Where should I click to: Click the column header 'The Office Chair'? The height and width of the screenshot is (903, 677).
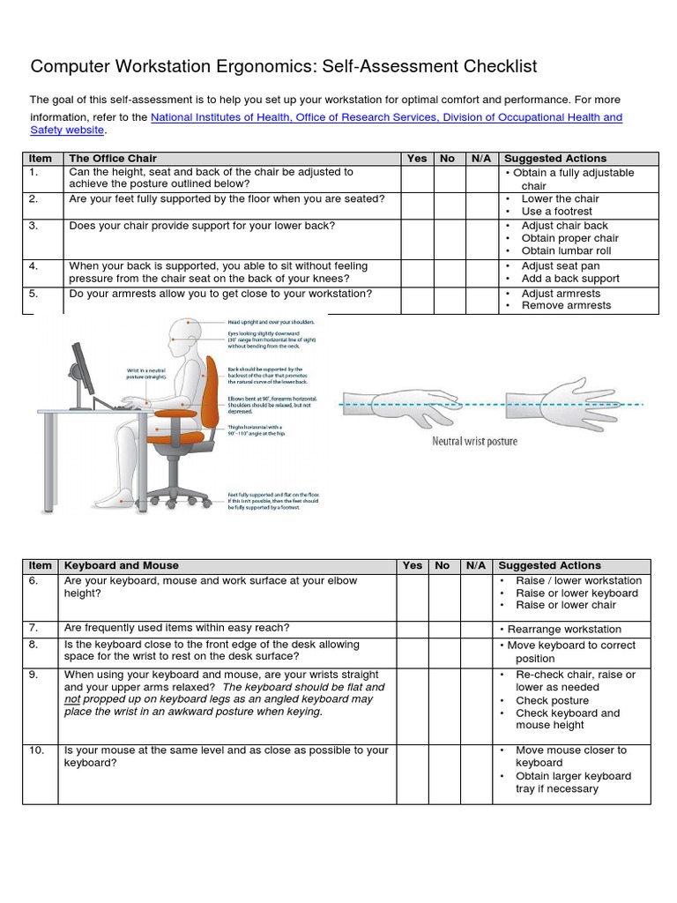pyautogui.click(x=113, y=159)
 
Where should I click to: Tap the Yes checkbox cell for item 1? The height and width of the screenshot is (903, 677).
pyautogui.click(x=417, y=179)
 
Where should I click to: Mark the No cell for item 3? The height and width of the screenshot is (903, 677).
pyautogui.click(x=448, y=238)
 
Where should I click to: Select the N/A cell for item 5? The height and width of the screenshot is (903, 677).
pyautogui.click(x=481, y=300)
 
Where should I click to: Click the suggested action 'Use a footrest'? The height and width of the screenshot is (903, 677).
pyautogui.click(x=557, y=212)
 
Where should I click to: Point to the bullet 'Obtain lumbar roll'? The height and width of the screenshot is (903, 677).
pyautogui.click(x=566, y=251)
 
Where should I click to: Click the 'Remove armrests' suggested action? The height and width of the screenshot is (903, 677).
pyautogui.click(x=566, y=306)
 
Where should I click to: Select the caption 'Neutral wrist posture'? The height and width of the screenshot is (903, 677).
pyautogui.click(x=474, y=441)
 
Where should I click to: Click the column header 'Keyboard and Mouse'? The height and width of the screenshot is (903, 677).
pyautogui.click(x=122, y=565)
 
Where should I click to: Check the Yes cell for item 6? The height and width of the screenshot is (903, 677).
pyautogui.click(x=412, y=597)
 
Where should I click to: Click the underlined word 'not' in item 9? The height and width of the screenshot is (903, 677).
pyautogui.click(x=72, y=699)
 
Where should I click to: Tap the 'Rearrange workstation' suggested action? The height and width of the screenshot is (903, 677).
pyautogui.click(x=564, y=630)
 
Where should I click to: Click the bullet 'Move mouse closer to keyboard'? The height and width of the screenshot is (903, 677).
pyautogui.click(x=571, y=756)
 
